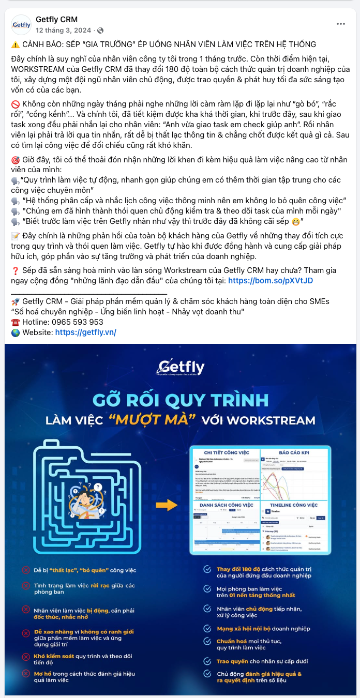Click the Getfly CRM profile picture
22,24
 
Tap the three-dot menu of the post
340,24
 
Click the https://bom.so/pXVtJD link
270,280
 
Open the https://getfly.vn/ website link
85,332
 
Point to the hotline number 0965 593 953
79,322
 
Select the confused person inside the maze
87,495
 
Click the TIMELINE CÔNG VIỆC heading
293,504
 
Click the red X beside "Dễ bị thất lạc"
25,570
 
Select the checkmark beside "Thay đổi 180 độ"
207,569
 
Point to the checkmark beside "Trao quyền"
207,661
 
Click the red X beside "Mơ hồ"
25,673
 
